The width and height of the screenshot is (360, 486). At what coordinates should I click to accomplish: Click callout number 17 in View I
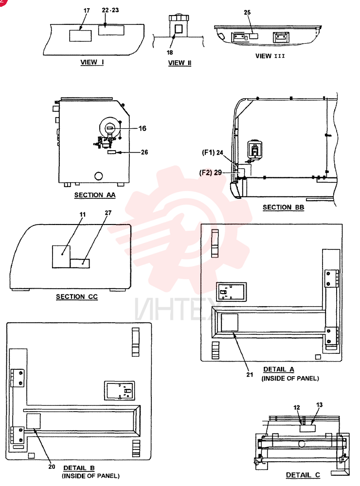87,11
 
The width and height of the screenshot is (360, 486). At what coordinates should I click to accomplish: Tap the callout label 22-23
110,10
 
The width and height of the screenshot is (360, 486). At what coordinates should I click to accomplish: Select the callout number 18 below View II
170,52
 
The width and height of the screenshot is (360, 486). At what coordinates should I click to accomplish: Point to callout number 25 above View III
247,13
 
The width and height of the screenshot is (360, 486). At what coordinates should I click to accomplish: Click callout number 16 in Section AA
143,128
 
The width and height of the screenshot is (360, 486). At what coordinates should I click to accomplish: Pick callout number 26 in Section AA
144,152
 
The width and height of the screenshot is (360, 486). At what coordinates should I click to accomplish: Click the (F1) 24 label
213,153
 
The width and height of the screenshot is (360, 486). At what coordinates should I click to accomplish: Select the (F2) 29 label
211,173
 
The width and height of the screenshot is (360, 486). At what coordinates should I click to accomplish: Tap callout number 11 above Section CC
83,214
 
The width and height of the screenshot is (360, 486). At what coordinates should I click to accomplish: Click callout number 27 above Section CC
108,213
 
